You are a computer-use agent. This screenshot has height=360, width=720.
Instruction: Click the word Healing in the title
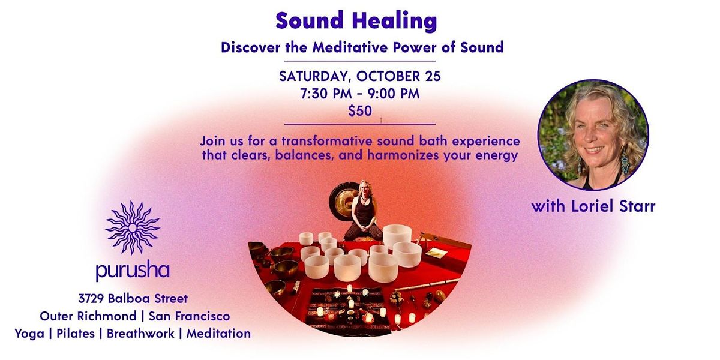pyautogui.click(x=394, y=21)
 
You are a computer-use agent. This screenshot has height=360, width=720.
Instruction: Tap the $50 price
pyautogui.click(x=360, y=111)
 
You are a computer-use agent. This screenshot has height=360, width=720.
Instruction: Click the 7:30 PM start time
pyautogui.click(x=326, y=94)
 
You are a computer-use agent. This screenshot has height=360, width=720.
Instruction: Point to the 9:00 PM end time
pyautogui.click(x=394, y=94)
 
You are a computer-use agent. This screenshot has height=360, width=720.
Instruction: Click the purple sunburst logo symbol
pyautogui.click(x=133, y=228)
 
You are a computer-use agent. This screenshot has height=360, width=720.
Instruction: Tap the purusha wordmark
pyautogui.click(x=133, y=271)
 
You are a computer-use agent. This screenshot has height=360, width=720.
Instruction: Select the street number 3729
pyautogui.click(x=91, y=299)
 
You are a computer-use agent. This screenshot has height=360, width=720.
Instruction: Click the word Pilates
pyautogui.click(x=76, y=334)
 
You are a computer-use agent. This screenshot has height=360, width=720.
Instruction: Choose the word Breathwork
pyautogui.click(x=140, y=334)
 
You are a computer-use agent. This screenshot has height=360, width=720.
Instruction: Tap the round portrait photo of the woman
pyautogui.click(x=593, y=135)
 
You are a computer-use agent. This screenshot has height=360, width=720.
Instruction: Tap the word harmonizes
pyautogui.click(x=403, y=155)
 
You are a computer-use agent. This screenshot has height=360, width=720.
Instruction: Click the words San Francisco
pyautogui.click(x=190, y=316)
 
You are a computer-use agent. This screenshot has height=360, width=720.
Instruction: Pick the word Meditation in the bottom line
pyautogui.click(x=218, y=334)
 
